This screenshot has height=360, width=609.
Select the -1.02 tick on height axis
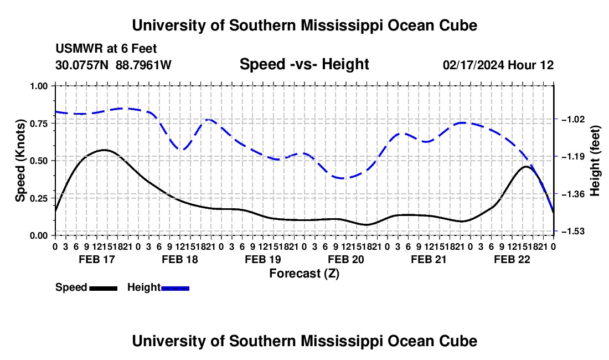[573, 119]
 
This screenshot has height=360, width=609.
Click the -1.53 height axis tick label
[573, 231]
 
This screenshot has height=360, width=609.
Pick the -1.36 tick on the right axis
[573, 194]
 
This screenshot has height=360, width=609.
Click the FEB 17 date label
[97, 259]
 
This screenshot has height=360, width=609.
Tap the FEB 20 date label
[346, 259]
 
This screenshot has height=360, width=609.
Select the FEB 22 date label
[512, 259]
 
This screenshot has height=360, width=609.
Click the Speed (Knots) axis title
[20, 161]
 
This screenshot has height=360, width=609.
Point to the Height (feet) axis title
[595, 161]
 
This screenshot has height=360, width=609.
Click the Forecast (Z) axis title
[304, 274]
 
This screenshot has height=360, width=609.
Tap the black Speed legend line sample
[104, 288]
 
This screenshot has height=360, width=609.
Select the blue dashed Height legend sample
[175, 288]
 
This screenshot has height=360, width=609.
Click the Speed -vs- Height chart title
[304, 64]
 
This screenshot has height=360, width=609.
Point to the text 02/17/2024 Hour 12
[498, 65]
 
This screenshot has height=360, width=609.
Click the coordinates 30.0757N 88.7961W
[113, 65]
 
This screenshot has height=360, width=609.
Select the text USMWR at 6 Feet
[106, 49]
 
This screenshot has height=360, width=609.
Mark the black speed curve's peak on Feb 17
[104, 150]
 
